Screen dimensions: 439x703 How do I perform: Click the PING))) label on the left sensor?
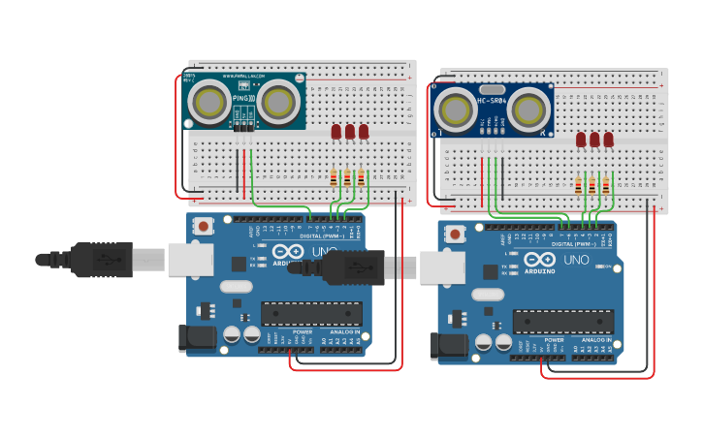(x=244, y=98)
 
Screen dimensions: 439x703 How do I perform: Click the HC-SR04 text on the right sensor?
(x=495, y=99)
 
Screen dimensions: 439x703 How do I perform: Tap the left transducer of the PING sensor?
(x=208, y=101)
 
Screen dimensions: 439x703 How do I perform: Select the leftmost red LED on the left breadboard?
(x=336, y=131)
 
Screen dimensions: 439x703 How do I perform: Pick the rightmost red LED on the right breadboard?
(x=608, y=140)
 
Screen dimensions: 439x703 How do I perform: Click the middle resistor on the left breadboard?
(x=347, y=177)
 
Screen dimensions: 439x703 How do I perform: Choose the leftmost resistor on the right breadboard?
(x=579, y=186)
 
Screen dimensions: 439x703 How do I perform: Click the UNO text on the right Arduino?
(x=576, y=259)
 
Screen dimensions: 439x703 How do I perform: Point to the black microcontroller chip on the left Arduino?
(x=311, y=314)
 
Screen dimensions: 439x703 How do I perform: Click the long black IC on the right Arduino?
(x=563, y=322)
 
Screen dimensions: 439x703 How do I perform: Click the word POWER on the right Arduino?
(x=554, y=340)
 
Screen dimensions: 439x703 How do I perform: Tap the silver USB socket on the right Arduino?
(x=442, y=267)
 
